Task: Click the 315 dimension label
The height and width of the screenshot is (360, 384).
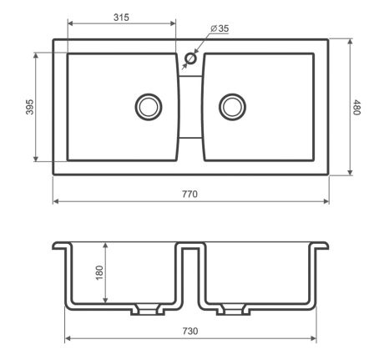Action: click(121, 18)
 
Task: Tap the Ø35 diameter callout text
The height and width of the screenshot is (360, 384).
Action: click(220, 28)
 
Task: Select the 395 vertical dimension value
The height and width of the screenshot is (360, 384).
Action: click(29, 107)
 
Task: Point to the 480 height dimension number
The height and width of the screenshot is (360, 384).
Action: click(356, 107)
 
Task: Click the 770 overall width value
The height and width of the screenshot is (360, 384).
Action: click(189, 194)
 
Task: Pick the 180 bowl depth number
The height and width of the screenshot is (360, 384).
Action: click(99, 273)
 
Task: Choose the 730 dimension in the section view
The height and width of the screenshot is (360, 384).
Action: click(190, 331)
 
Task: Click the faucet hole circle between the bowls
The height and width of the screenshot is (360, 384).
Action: click(191, 58)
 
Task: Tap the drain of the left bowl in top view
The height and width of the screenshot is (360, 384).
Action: click(149, 107)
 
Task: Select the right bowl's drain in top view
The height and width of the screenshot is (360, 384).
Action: click(232, 107)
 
